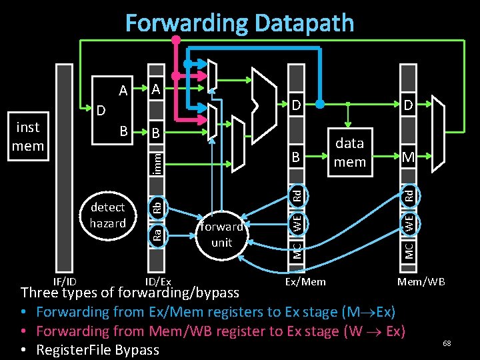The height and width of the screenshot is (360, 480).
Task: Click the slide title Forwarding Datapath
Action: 239,23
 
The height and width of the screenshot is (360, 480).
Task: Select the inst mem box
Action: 28,136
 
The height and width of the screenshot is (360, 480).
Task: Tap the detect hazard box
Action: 107,215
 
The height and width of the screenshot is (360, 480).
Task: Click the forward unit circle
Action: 221,234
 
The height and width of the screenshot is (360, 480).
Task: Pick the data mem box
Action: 349,152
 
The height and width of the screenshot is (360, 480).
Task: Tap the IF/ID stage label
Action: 65,281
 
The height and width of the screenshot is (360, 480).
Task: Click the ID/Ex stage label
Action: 159,281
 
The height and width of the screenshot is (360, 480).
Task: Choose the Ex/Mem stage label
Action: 305,281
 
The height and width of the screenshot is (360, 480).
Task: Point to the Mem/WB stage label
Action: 421,281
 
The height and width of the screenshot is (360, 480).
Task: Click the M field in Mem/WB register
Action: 408,157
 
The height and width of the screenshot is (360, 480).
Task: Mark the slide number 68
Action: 447,343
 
